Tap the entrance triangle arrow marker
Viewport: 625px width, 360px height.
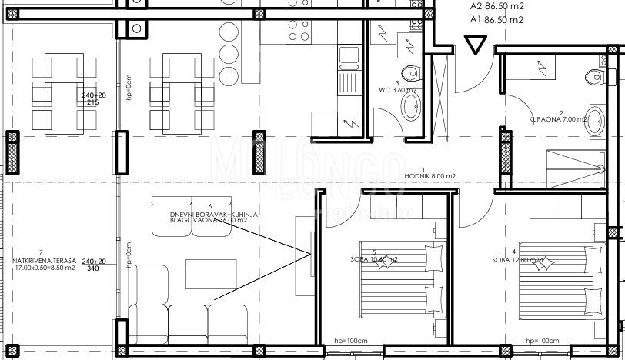point(476,47)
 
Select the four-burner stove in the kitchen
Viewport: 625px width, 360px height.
point(299,32)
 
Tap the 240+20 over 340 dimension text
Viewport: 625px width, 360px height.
point(93,265)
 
